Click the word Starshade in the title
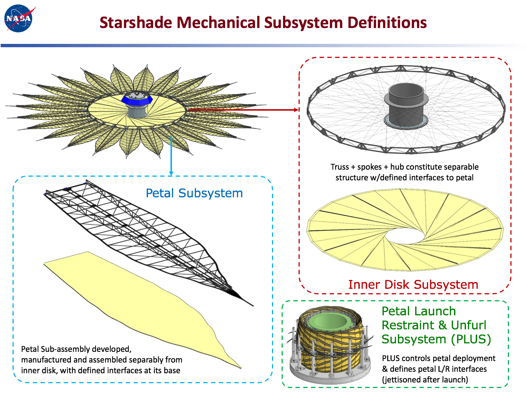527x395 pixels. (x=136, y=23)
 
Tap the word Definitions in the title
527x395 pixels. (x=387, y=23)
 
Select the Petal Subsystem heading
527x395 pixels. (x=194, y=193)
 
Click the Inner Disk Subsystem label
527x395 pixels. (x=413, y=284)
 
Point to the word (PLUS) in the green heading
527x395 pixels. (x=471, y=339)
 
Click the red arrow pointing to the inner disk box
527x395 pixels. (x=243, y=110)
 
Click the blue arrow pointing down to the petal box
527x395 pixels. (x=171, y=156)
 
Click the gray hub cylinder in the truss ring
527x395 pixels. (x=406, y=105)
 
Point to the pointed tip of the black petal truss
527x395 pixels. (x=253, y=306)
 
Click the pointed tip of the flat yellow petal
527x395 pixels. (x=241, y=368)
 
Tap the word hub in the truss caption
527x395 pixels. (x=397, y=167)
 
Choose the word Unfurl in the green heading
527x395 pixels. (x=468, y=325)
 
